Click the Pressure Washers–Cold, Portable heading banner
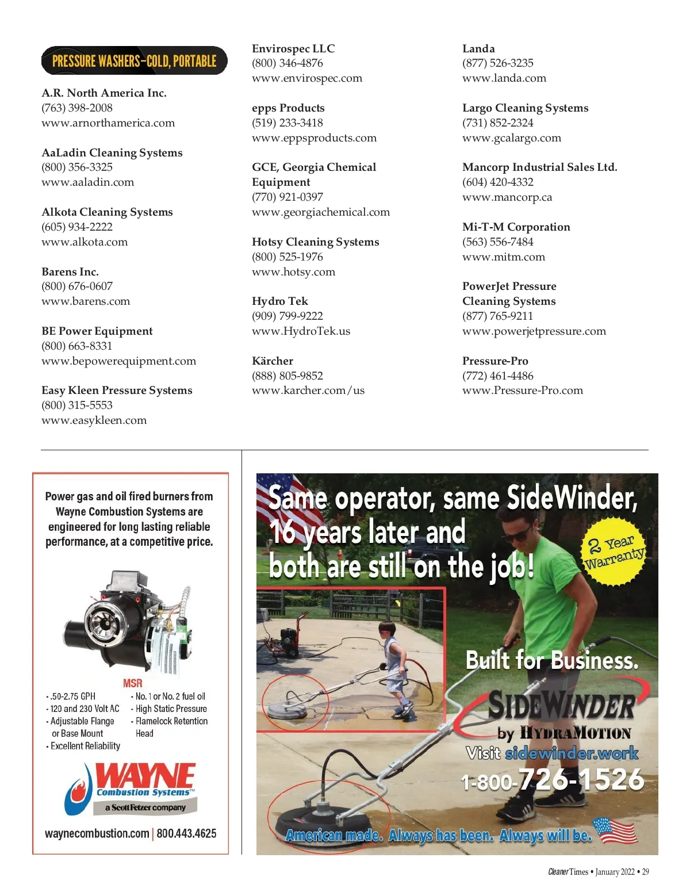tap(134, 61)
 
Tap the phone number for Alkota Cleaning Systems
tap(77, 227)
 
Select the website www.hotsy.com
tap(293, 271)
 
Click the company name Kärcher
tap(273, 361)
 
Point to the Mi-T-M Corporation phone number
tap(498, 242)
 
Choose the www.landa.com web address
tap(504, 78)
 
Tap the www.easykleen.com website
tap(94, 420)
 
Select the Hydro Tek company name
tap(280, 301)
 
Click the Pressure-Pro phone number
tap(498, 376)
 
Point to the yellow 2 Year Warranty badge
tap(614, 552)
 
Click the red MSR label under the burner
tap(132, 683)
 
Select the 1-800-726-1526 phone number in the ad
tap(552, 780)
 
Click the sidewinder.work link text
tap(572, 753)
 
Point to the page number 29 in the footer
tap(645, 872)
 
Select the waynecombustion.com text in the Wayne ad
tap(97, 833)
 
